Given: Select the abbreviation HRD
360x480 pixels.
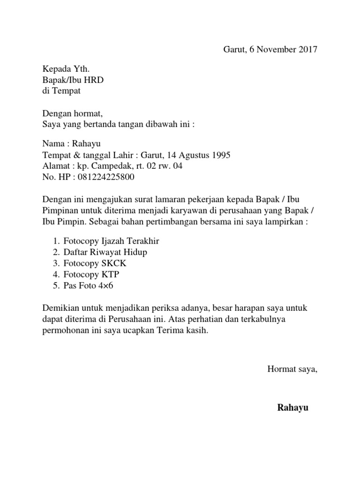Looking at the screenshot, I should click(94, 81).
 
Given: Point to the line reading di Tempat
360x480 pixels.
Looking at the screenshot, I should click(61, 91).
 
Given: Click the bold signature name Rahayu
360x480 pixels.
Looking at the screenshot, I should click(293, 407).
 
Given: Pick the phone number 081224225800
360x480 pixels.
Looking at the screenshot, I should click(97, 177).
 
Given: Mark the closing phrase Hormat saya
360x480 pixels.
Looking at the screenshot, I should click(292, 369).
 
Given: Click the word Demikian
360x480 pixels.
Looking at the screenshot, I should click(60, 308).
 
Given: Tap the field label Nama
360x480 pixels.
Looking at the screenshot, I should click(53, 143).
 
